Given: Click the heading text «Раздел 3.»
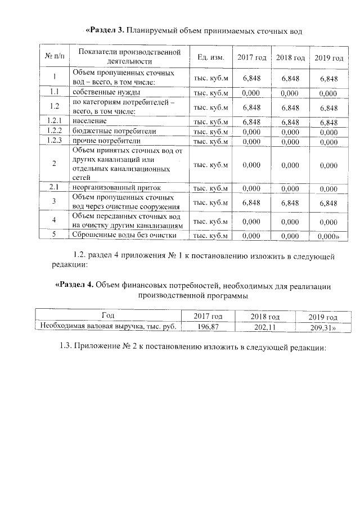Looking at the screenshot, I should (x=108, y=30).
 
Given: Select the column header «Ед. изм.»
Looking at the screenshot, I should (x=211, y=57).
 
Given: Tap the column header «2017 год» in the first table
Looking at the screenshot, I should (x=251, y=58).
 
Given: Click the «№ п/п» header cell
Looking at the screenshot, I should (x=54, y=57).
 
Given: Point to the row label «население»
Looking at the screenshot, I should (x=91, y=121).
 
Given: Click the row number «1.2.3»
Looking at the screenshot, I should (x=54, y=141).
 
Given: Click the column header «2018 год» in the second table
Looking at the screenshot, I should (x=265, y=317).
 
